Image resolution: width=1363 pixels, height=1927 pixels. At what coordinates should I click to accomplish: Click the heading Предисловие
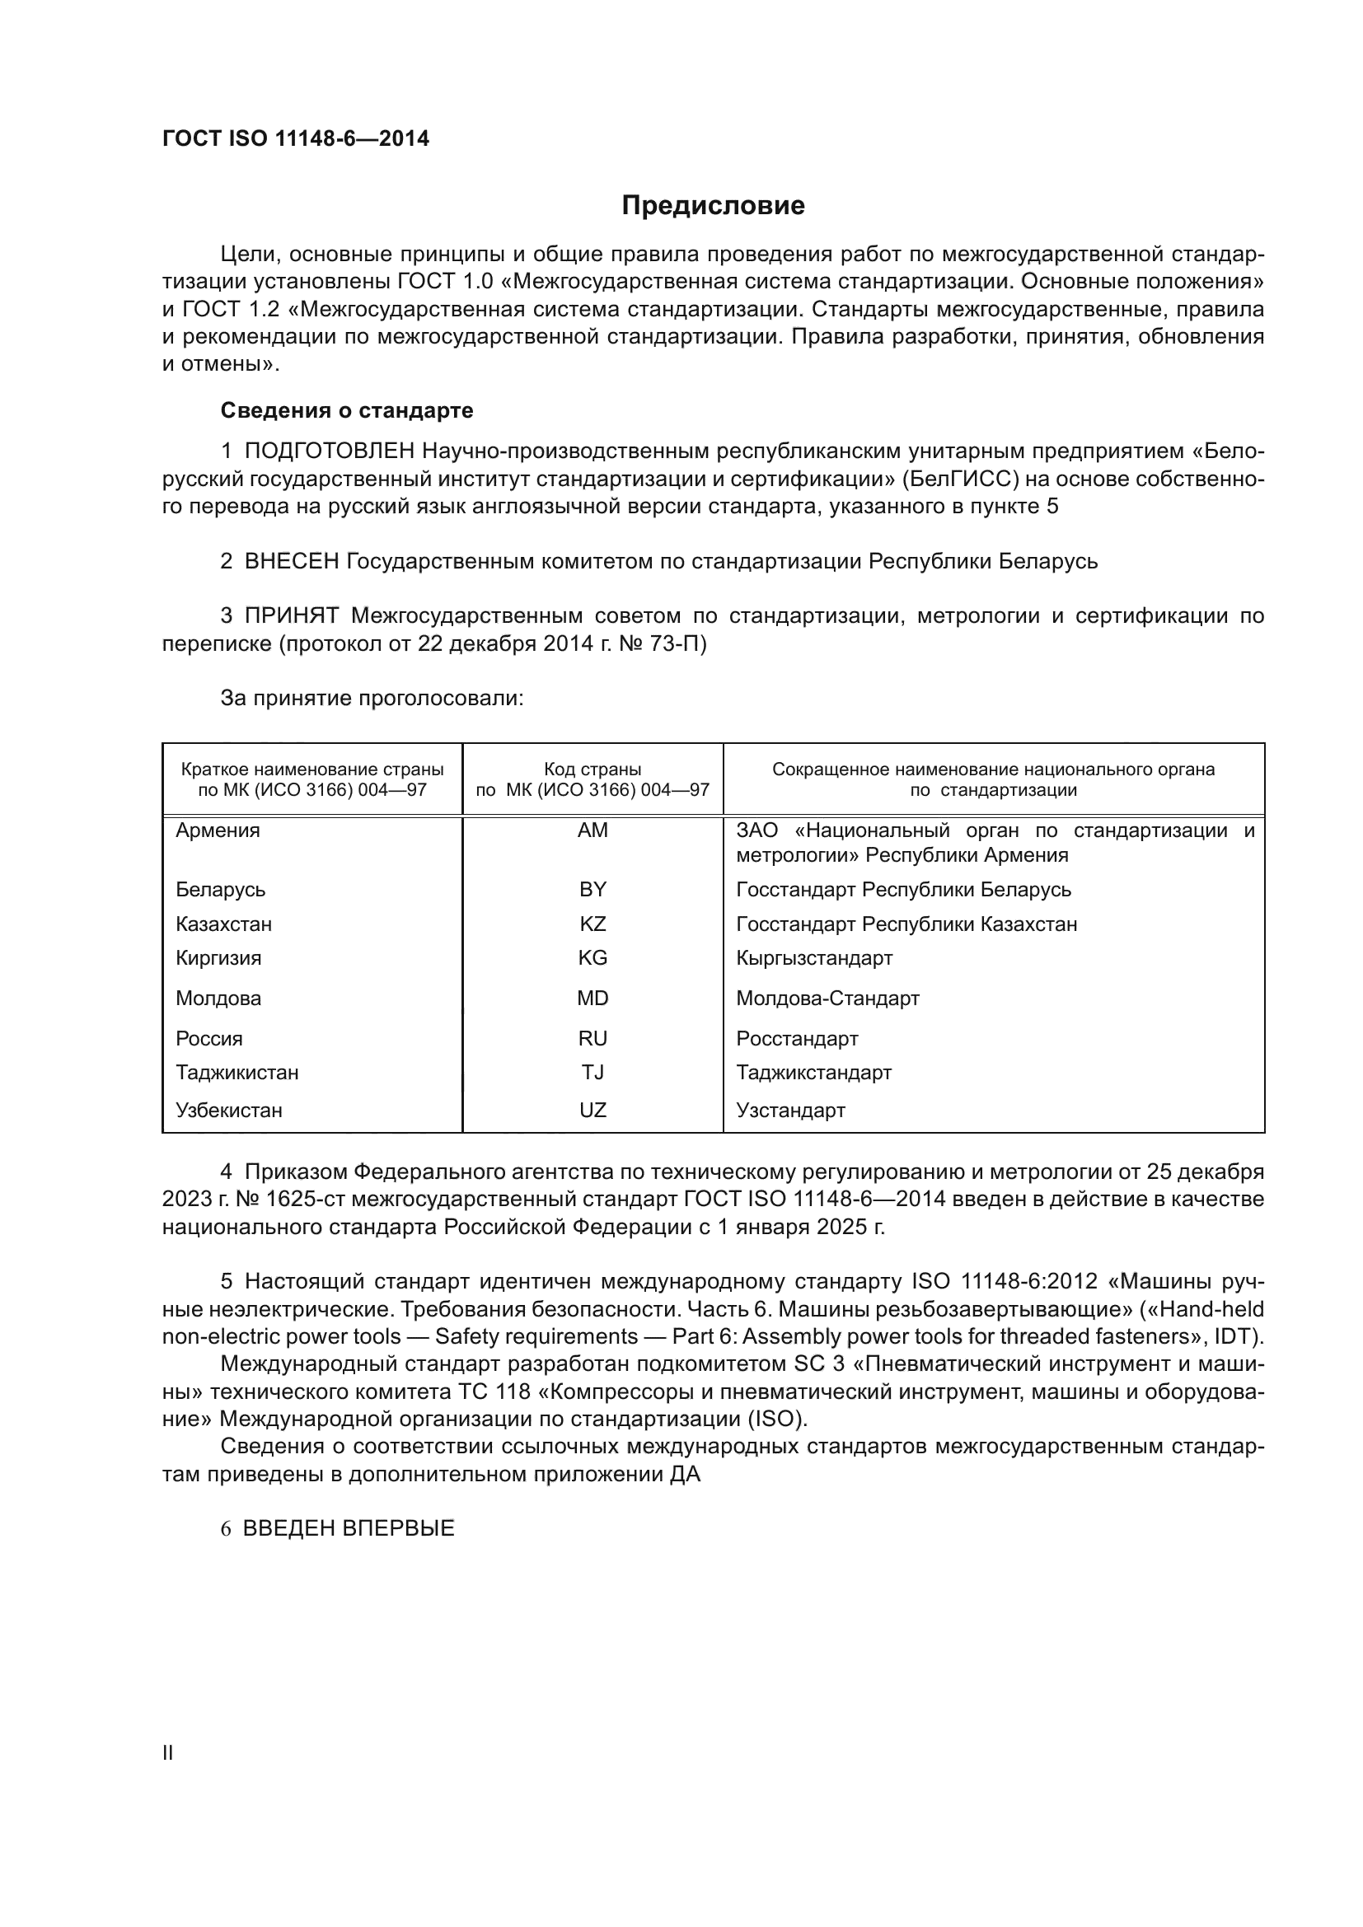tap(713, 206)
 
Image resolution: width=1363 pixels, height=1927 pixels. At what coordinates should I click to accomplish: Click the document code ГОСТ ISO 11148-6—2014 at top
tap(296, 138)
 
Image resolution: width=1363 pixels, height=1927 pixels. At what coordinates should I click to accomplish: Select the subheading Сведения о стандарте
tap(347, 410)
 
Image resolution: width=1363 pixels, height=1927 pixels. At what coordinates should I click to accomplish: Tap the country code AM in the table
tap(593, 830)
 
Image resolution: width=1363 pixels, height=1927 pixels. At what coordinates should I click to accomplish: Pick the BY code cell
tap(593, 889)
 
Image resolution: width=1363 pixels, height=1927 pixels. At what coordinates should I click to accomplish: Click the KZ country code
tap(593, 924)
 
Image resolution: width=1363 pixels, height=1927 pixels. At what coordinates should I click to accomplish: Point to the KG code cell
tap(593, 957)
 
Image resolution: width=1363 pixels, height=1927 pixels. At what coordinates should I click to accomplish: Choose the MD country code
tap(593, 998)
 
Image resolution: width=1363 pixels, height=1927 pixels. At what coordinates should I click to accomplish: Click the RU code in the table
tap(593, 1038)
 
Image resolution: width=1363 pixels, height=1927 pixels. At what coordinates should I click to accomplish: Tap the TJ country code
tap(593, 1072)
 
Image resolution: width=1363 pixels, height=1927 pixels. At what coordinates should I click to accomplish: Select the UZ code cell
tap(593, 1110)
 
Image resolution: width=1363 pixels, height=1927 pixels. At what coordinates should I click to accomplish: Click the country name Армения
tap(218, 830)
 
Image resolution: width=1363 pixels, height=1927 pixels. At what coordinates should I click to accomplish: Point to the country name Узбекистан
tap(229, 1110)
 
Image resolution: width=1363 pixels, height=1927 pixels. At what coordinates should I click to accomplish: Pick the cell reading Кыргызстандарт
tap(814, 957)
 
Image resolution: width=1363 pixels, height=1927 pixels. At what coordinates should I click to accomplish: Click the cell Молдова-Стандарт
tap(827, 998)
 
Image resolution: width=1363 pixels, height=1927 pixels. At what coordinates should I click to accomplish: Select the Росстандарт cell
tap(798, 1038)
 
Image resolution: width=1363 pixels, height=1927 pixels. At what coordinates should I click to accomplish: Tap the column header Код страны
tap(593, 769)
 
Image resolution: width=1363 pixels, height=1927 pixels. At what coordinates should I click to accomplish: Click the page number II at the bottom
tap(168, 1752)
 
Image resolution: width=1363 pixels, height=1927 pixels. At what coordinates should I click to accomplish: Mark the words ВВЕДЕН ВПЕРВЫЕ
tap(349, 1527)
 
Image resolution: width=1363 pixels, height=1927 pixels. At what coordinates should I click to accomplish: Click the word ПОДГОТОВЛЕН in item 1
tap(330, 451)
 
